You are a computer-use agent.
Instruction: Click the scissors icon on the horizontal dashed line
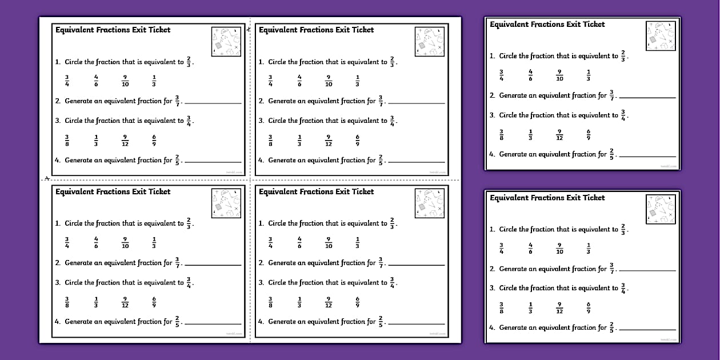47,178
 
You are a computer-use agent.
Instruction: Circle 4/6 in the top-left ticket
96,81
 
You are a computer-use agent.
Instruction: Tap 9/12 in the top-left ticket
125,140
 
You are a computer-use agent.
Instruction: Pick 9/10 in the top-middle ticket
329,81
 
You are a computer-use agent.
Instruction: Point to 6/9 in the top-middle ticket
358,140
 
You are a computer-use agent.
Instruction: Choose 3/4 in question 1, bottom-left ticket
67,243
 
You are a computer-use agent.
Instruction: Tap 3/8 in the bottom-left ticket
67,302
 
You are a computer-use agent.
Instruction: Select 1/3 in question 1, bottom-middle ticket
358,243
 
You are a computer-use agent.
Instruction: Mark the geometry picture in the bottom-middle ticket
429,204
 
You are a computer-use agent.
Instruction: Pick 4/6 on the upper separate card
530,75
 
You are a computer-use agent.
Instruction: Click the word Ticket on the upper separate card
592,24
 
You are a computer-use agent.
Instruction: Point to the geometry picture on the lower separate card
661,209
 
